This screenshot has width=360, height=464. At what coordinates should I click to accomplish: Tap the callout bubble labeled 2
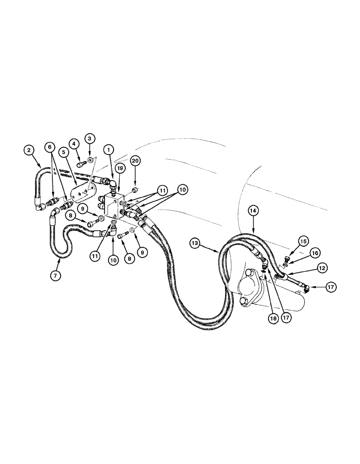click(x=29, y=150)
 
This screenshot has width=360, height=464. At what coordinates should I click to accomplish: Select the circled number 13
click(x=195, y=243)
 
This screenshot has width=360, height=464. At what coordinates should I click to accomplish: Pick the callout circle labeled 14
click(x=254, y=210)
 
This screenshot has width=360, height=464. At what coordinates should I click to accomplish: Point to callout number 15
click(x=302, y=241)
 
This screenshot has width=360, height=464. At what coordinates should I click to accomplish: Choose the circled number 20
click(x=135, y=161)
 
